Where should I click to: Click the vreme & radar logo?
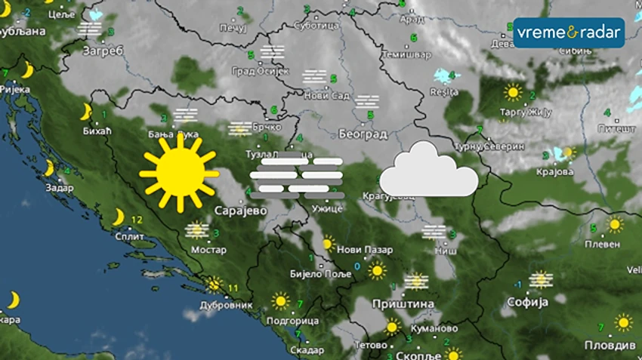pos(569,33)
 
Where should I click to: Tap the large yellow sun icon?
pos(179,173)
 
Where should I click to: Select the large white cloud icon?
pos(428,171)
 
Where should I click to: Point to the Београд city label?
pos(364,134)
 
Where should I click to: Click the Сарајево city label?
pos(241,211)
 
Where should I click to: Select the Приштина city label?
pos(403,303)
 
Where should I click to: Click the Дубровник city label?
pos(226,306)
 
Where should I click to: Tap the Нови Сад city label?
pos(327,96)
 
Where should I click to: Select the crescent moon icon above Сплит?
pos(118,217)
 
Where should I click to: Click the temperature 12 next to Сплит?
pos(136,220)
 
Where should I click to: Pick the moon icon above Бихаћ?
pos(86,112)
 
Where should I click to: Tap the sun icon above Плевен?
pos(615,225)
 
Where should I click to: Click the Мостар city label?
pos(208,250)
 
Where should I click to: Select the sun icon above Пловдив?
pos(622,323)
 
